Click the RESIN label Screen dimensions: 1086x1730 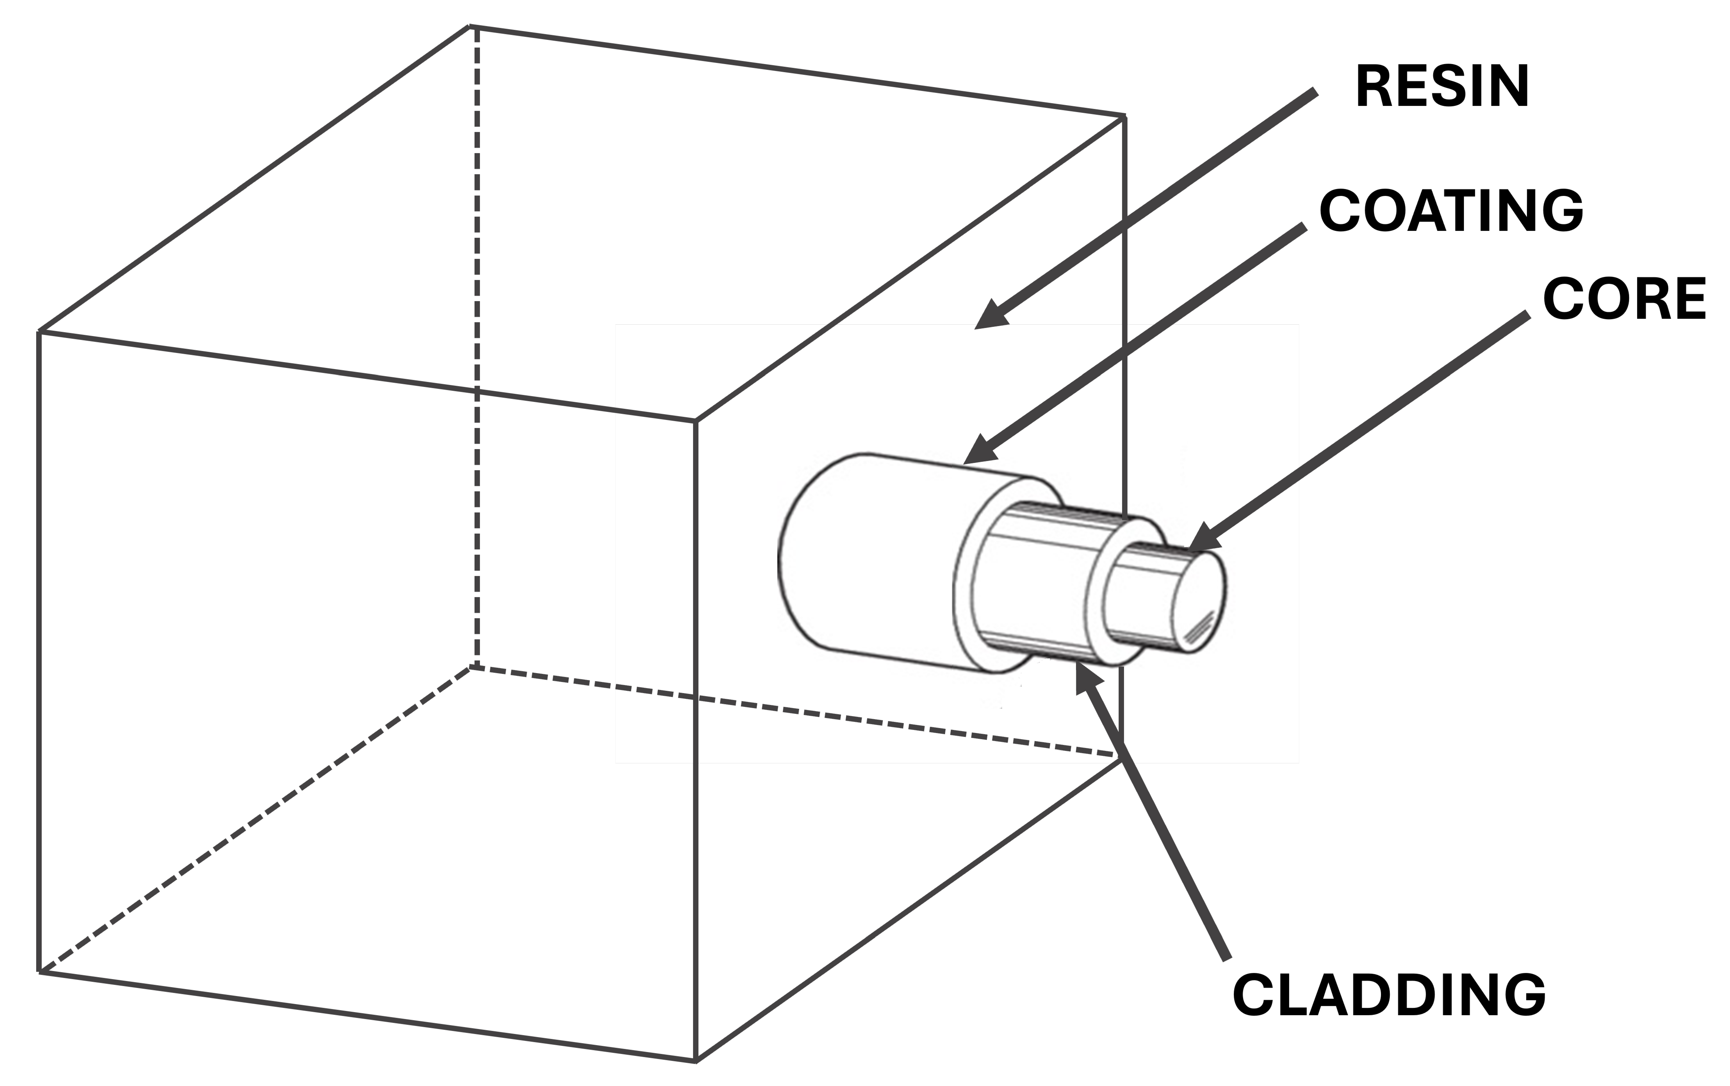tap(1442, 88)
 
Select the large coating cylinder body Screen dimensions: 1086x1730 tap(876, 560)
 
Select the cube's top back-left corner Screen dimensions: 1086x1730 tap(471, 27)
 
